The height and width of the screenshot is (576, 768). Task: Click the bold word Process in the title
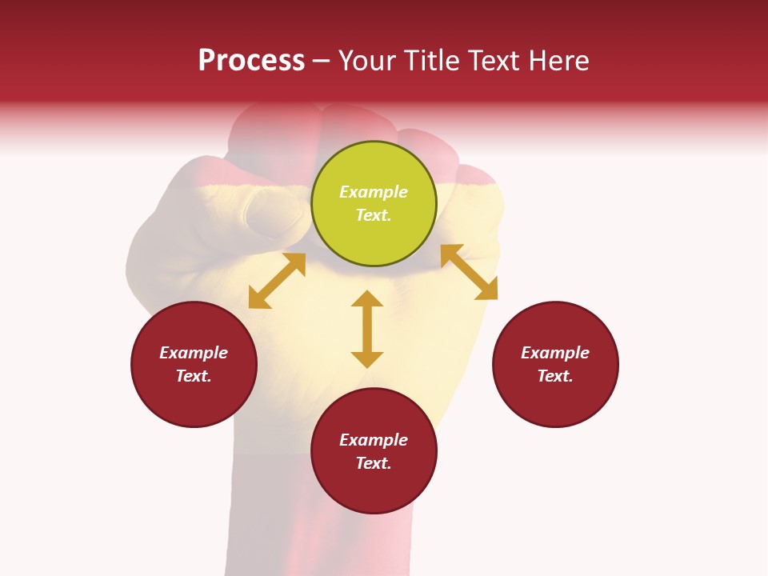tap(251, 61)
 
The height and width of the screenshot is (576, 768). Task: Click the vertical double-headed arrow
tap(367, 329)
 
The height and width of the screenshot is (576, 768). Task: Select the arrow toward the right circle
tap(469, 272)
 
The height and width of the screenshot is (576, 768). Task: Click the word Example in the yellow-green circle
tap(374, 192)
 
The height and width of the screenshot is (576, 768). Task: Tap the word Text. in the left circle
tap(194, 376)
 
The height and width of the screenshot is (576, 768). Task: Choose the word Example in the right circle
tap(555, 353)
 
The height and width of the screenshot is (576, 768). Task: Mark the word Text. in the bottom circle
tap(374, 463)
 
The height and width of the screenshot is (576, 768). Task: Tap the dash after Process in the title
tap(321, 61)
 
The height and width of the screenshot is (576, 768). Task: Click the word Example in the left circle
tap(194, 353)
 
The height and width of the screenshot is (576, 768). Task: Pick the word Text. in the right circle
tap(555, 376)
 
